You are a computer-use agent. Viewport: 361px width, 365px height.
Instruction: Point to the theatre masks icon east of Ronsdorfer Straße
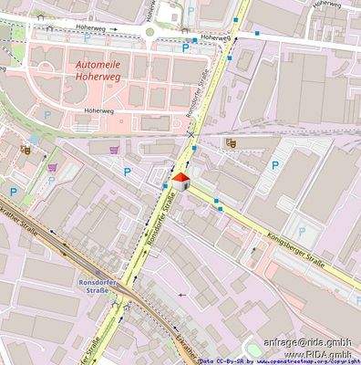click(x=231, y=141)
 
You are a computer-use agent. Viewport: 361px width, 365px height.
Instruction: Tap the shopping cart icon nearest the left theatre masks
click(x=52, y=167)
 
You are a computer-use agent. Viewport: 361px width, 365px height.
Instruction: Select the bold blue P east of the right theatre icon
click(x=275, y=166)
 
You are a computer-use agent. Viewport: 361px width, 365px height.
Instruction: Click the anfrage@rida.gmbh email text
click(x=307, y=341)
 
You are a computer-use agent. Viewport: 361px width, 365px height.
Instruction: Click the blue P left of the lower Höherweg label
click(x=47, y=116)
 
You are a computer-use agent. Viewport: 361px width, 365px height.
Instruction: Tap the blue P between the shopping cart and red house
click(x=127, y=170)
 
